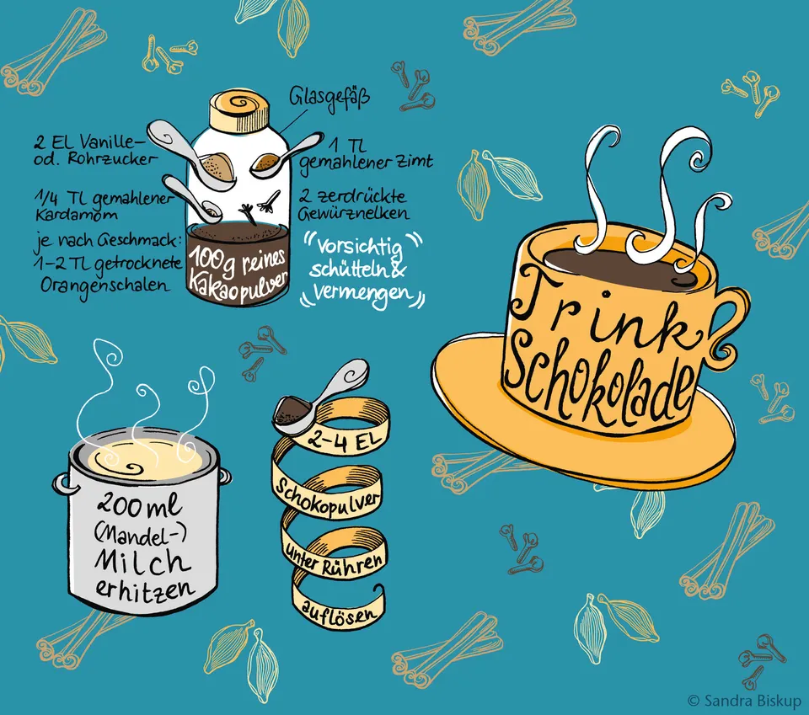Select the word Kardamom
[77, 214]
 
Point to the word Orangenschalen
[104, 285]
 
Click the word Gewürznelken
[354, 213]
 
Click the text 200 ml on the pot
[140, 506]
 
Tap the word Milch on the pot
[142, 562]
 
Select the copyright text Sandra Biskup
[753, 701]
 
